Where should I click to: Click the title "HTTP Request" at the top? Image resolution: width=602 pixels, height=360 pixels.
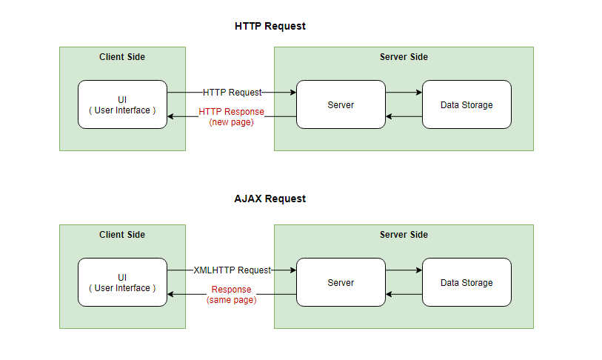[270, 26]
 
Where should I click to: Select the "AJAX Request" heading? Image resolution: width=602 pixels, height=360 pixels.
[270, 199]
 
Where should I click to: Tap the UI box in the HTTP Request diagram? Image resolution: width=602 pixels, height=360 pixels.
[122, 104]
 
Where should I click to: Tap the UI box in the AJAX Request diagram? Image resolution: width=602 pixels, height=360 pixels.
[122, 282]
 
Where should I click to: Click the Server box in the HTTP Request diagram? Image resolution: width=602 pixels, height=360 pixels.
[341, 104]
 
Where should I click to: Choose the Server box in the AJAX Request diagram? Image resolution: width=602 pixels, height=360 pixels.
[341, 282]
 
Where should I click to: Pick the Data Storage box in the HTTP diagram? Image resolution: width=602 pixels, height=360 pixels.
[466, 104]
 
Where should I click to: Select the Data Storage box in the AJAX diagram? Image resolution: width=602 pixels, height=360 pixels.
[466, 282]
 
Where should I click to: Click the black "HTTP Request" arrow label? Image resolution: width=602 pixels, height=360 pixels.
[232, 93]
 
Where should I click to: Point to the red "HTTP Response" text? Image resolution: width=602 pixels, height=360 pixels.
[231, 112]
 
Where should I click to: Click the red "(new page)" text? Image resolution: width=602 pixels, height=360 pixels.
[231, 122]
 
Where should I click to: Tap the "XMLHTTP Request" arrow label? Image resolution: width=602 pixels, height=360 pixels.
[232, 270]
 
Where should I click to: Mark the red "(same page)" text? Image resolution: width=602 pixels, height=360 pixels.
[231, 300]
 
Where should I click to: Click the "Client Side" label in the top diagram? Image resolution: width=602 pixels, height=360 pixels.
[122, 57]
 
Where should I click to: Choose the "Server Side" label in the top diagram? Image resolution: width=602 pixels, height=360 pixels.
[404, 57]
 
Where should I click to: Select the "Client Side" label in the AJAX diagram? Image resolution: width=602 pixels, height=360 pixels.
[122, 235]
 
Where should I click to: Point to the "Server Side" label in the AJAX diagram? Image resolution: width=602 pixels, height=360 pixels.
[404, 235]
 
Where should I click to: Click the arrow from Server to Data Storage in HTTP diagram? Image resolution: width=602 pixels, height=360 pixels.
[404, 93]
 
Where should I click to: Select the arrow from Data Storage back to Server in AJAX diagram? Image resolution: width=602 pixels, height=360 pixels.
[404, 294]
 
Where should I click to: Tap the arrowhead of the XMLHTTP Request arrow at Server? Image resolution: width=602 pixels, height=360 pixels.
[293, 270]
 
